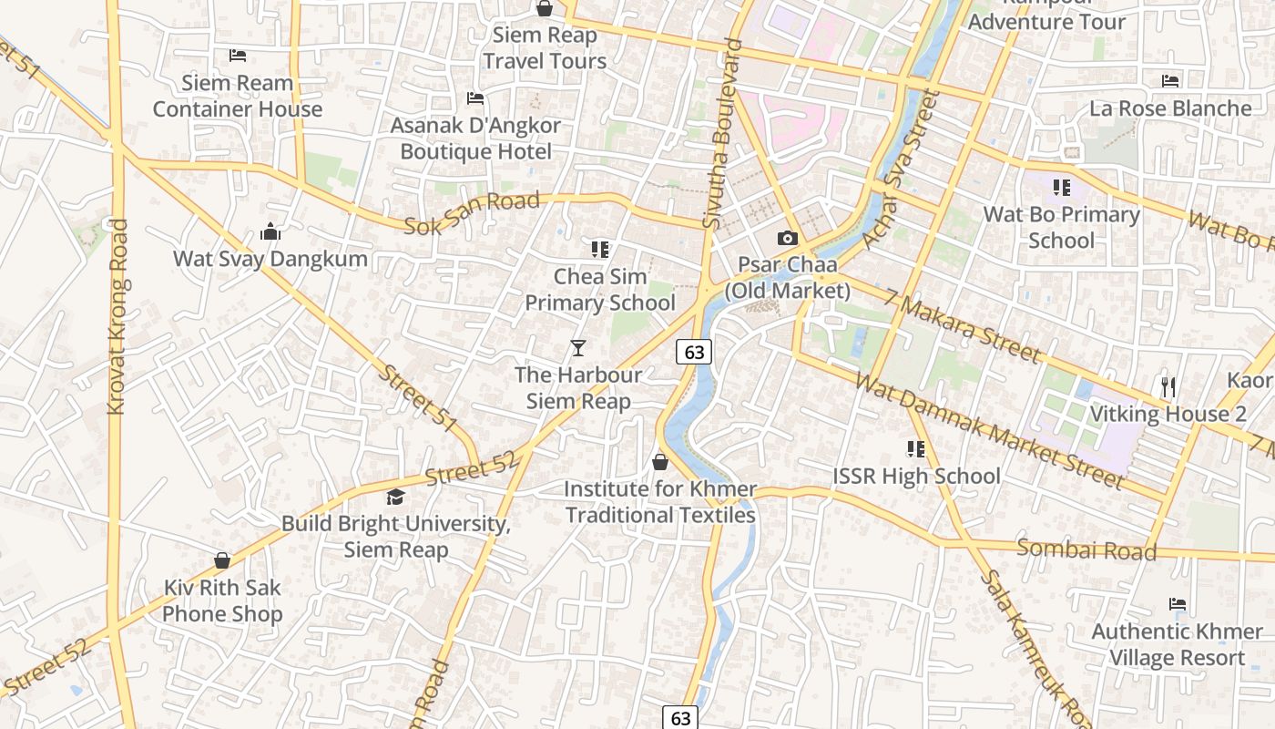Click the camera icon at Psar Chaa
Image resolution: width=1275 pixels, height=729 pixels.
[x=787, y=239]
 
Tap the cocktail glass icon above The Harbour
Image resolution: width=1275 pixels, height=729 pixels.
[x=577, y=348]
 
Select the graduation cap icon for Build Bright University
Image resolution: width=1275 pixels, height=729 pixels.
[x=395, y=497]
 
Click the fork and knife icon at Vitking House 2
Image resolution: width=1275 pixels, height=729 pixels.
[x=1168, y=387]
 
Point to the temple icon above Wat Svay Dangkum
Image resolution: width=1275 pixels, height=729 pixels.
[x=270, y=232]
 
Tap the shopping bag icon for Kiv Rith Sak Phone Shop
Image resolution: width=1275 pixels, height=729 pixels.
[x=222, y=560]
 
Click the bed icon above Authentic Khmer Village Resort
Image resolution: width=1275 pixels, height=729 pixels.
[x=1177, y=604]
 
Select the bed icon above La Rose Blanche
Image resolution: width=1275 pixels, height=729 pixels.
[x=1170, y=81]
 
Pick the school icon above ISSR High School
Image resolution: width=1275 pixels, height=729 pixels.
[x=915, y=448]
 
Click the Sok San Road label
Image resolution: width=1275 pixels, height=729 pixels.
[x=472, y=213]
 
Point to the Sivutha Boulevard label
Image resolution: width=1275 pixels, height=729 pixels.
[x=719, y=134]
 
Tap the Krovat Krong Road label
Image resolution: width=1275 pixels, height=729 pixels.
[x=117, y=317]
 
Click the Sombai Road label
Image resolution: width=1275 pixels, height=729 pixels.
[x=1086, y=549]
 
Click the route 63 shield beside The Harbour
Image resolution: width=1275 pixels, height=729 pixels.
[x=694, y=352]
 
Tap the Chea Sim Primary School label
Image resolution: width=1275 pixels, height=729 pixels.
[x=600, y=290]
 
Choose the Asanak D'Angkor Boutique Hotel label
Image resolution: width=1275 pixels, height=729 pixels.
[x=475, y=139]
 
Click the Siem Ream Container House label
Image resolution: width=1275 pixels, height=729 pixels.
[x=238, y=96]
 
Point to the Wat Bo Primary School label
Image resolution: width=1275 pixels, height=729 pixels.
[x=1061, y=228]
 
